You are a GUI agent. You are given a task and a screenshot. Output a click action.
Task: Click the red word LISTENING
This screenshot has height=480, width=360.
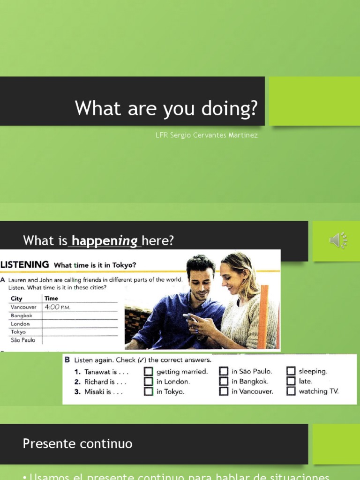click(x=25, y=265)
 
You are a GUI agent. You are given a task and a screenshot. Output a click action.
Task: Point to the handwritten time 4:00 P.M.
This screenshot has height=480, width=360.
click(x=58, y=307)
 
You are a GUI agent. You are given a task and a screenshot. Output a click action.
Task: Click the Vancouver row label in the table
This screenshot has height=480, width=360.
click(x=23, y=307)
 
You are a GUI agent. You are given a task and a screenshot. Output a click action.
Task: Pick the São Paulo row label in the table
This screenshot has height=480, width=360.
click(x=23, y=340)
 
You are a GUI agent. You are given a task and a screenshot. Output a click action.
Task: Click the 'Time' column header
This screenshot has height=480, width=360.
click(x=51, y=299)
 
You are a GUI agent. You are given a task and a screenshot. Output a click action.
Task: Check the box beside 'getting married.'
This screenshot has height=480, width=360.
click(x=149, y=372)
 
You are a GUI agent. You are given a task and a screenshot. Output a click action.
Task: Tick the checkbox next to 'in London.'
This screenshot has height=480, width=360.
click(x=149, y=382)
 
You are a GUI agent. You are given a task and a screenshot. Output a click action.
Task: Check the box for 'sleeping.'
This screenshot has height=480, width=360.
click(x=291, y=371)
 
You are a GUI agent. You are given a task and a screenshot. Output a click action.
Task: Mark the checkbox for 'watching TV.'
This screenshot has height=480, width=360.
click(x=291, y=391)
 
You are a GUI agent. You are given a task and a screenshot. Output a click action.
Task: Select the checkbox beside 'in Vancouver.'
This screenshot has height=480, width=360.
click(x=224, y=391)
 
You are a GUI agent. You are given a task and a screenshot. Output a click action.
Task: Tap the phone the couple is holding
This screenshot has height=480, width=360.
click(x=189, y=317)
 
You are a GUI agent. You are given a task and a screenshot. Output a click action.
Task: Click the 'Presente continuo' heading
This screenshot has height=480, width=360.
click(x=78, y=444)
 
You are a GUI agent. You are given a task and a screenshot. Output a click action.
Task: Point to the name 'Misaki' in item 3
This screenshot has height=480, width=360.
click(x=95, y=392)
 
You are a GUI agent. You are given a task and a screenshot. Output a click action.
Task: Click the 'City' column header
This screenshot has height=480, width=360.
click(x=16, y=299)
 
